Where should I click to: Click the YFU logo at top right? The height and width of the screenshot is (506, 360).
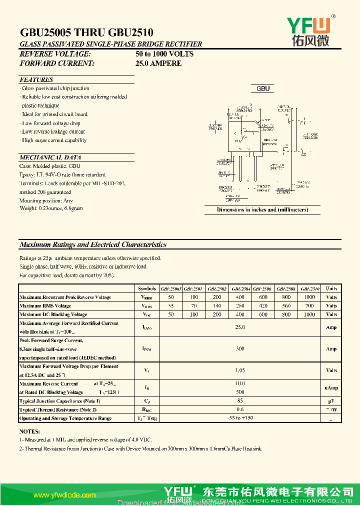click(308, 30)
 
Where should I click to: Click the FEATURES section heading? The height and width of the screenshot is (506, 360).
click(36, 79)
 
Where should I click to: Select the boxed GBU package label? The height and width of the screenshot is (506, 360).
click(263, 88)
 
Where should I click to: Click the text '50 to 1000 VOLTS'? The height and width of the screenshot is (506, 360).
click(164, 53)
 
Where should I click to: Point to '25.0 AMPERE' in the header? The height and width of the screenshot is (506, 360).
click(158, 63)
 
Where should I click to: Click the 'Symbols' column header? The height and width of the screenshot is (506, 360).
click(146, 288)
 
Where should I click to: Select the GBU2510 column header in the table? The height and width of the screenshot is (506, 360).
click(310, 288)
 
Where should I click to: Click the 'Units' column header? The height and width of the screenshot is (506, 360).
click(331, 288)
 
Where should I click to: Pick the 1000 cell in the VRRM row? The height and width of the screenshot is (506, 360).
click(309, 297)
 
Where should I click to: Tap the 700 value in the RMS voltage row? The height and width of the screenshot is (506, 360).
click(309, 305)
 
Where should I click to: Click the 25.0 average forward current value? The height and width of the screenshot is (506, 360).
click(240, 327)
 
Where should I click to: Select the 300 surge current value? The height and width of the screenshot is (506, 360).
click(240, 349)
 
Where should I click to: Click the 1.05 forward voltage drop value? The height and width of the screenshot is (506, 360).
click(240, 370)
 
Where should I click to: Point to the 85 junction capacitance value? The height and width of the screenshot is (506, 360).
click(240, 400)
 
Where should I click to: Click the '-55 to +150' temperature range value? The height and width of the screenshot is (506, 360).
click(240, 418)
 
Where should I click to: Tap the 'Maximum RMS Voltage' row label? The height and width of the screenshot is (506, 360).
click(45, 305)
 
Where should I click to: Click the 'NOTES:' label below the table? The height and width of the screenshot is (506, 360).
click(29, 431)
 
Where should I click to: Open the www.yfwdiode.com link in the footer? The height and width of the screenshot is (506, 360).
click(64, 495)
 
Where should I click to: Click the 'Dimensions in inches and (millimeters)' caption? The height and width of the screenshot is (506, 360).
click(262, 209)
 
